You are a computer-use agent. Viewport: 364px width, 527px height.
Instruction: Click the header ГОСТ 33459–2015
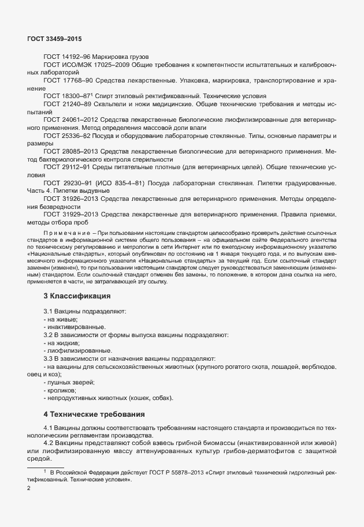pos(54,38)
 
